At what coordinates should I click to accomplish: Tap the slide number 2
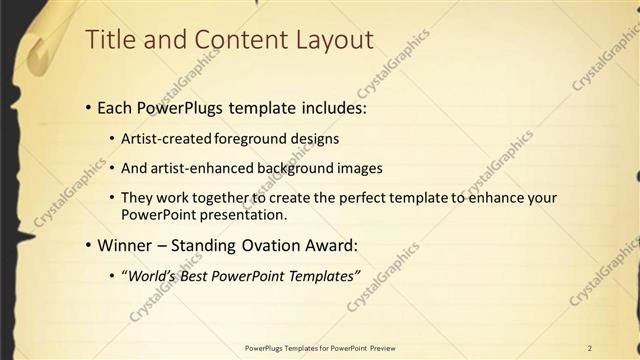[x=590, y=347]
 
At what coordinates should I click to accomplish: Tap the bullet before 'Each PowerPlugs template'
[x=88, y=105]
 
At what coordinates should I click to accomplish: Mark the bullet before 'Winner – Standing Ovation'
[x=88, y=245]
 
